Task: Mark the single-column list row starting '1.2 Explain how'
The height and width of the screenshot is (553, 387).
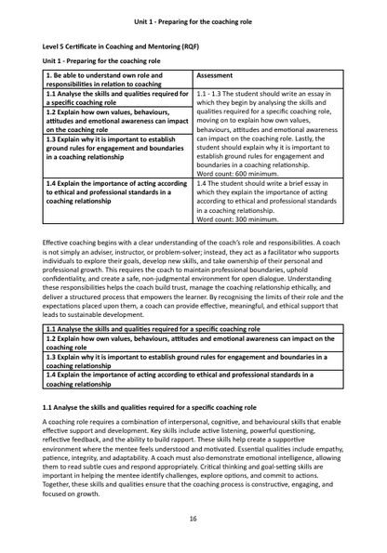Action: [x=193, y=343]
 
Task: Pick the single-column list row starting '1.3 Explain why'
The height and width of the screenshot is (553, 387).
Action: [x=193, y=362]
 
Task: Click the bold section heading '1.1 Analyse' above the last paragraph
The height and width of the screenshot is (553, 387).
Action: [x=150, y=407]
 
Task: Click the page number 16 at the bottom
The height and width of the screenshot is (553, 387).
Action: [x=193, y=519]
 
